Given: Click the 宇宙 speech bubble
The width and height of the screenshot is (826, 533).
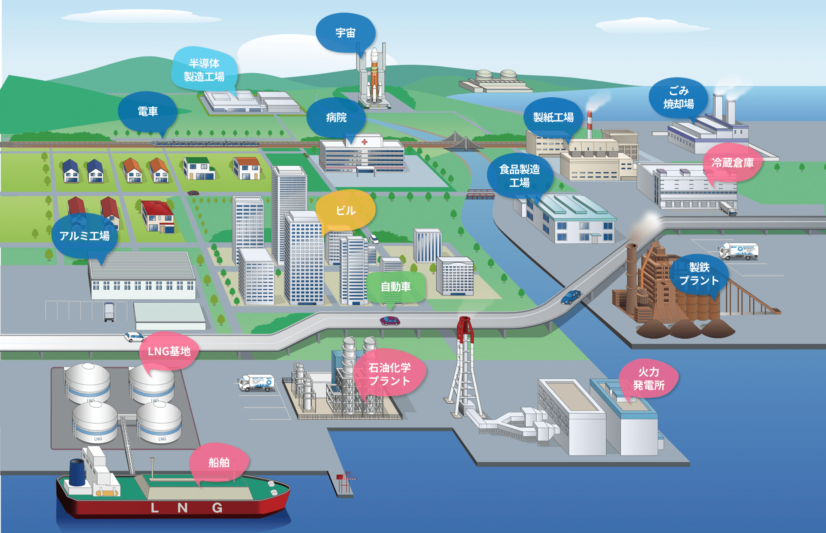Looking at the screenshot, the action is tap(346, 33).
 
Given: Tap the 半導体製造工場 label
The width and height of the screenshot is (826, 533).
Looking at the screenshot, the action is tap(204, 69).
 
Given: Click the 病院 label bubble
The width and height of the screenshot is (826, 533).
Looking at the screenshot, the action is tap(336, 118).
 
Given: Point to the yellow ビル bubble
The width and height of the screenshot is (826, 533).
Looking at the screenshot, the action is tap(346, 210).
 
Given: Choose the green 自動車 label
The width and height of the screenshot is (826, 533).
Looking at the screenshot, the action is tap(396, 287).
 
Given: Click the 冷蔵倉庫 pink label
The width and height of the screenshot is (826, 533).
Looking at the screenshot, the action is tap(732, 163).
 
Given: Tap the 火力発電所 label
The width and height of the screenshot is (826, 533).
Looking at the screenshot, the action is tap(649, 378).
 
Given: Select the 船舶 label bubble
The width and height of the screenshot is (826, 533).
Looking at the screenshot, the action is tap(219, 462).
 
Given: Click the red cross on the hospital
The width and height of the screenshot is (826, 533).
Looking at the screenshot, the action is tap(365, 142).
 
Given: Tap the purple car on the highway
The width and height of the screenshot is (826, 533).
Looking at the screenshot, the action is tap(390, 321).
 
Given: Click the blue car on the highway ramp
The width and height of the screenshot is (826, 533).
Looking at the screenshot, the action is tap(571, 297).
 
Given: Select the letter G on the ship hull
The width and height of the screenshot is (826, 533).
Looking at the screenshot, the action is tap(217, 508).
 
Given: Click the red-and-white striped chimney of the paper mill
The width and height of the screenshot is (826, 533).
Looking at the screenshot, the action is tap(589, 124).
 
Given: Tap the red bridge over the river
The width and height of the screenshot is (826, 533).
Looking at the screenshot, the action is tap(480, 194).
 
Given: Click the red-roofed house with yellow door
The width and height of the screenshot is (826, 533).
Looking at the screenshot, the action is tap(157, 217).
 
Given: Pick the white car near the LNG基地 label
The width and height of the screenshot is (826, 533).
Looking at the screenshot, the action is tap(134, 337).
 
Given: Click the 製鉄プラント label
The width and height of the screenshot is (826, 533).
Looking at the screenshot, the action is tap(699, 274).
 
